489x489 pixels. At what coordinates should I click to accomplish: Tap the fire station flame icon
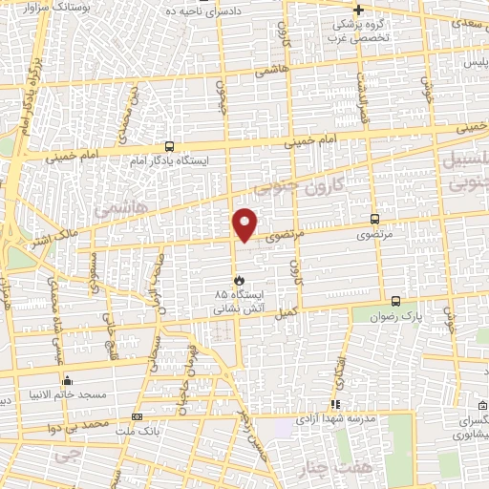pyautogui.click(x=225, y=281)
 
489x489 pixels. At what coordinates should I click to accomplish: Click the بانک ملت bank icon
pyautogui.click(x=137, y=417)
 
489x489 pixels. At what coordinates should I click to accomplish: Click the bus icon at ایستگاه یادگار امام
pyautogui.click(x=169, y=146)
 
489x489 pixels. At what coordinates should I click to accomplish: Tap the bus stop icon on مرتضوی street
pyautogui.click(x=372, y=219)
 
